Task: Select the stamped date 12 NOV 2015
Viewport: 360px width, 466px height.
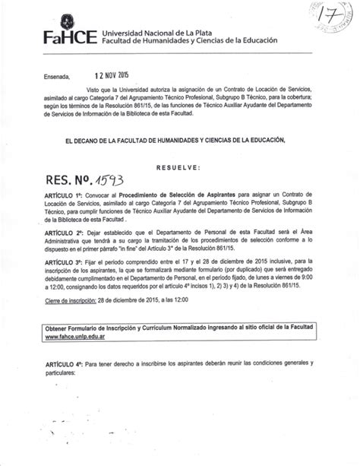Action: coord(112,77)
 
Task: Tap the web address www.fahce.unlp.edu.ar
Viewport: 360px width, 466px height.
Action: coord(73,333)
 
